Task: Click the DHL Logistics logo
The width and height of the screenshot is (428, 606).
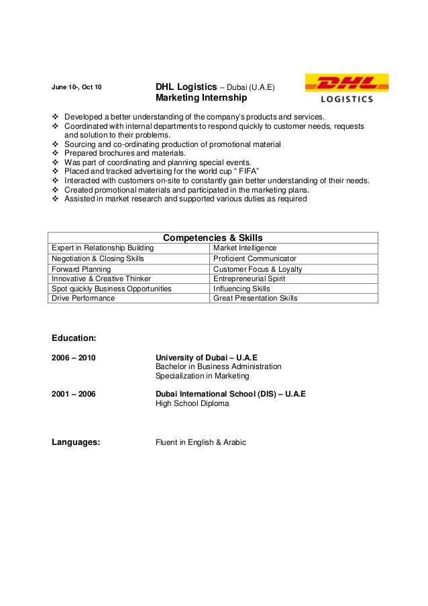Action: tap(347, 89)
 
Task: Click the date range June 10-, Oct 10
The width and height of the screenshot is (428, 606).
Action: tap(77, 87)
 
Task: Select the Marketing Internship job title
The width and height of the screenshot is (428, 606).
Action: tap(201, 98)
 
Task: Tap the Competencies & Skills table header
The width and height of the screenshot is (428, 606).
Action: tap(213, 238)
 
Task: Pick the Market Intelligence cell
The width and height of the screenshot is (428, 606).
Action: tap(244, 248)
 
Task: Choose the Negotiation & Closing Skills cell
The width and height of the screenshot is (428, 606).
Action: tap(98, 258)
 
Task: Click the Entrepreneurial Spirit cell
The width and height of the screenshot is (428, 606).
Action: tap(249, 279)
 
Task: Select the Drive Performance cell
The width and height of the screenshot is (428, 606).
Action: tap(83, 298)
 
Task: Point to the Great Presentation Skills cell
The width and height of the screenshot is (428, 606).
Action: tap(255, 298)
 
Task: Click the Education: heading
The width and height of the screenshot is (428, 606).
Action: tap(74, 337)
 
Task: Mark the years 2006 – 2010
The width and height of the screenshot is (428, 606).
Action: tap(74, 357)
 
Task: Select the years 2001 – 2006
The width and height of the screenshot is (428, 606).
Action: tap(74, 394)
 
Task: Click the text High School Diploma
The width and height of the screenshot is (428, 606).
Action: tap(192, 404)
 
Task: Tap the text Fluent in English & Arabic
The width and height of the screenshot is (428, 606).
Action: tap(201, 442)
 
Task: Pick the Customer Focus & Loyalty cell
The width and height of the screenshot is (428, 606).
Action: tap(258, 268)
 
